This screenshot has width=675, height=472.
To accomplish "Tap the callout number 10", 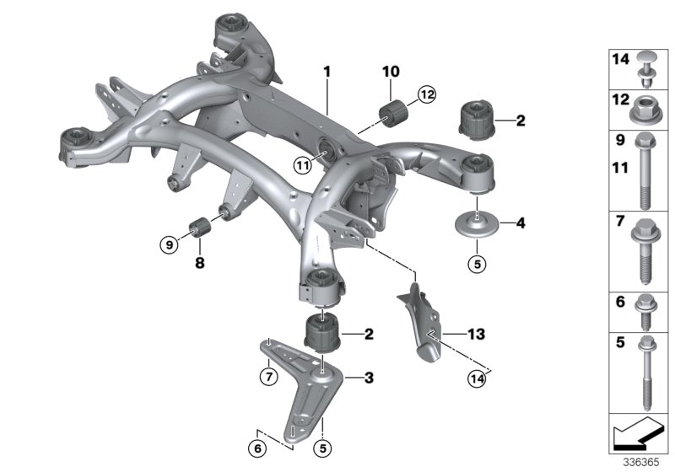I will [391, 72].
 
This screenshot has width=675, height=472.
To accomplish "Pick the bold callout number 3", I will [368, 378].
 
